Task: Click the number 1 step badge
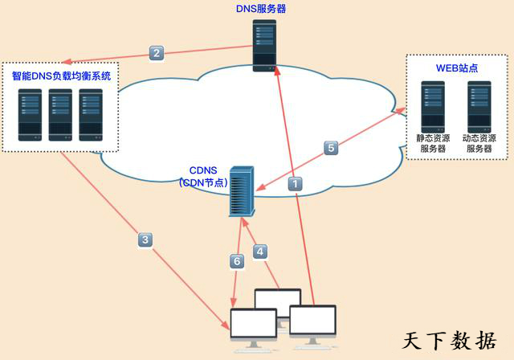tap(296, 183)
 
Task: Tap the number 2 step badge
tap(157, 54)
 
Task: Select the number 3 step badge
tap(145, 239)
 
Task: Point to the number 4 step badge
tap(259, 252)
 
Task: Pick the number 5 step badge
tap(331, 148)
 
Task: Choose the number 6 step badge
tap(236, 261)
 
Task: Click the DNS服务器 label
tap(260, 9)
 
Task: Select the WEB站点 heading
tap(457, 67)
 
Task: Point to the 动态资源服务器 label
tap(479, 144)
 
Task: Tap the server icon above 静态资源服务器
tap(433, 104)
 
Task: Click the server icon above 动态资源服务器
tap(479, 104)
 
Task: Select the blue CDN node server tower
tap(241, 190)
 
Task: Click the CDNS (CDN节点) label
tap(203, 176)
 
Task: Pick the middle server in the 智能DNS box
tap(60, 115)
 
